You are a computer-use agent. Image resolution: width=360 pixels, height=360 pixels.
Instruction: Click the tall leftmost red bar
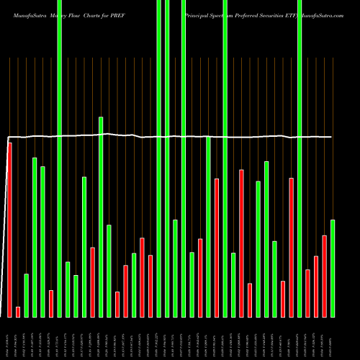(x=9, y=230)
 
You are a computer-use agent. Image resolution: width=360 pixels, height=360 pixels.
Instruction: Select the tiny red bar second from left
(x=18, y=312)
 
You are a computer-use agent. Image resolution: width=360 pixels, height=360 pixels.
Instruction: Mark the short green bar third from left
(x=27, y=295)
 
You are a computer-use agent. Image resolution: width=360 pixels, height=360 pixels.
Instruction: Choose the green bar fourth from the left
(x=35, y=237)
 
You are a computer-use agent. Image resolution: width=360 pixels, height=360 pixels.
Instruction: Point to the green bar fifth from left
(x=42, y=241)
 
